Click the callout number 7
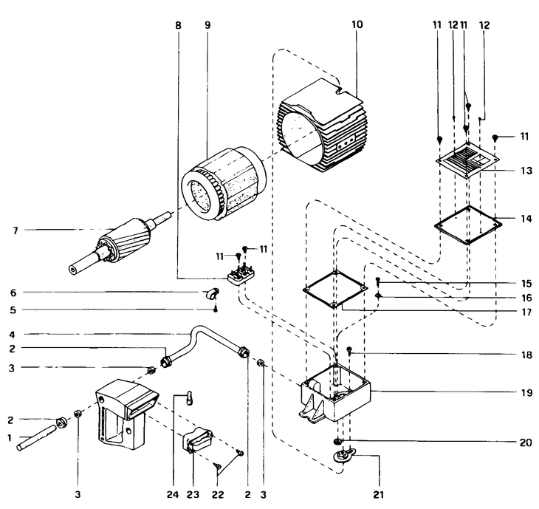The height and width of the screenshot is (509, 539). point(15,230)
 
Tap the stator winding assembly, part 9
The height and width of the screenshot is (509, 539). point(224,185)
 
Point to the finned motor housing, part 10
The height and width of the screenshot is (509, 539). point(323,126)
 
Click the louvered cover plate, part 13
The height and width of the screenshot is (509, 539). point(467,160)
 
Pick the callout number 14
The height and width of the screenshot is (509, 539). point(526,219)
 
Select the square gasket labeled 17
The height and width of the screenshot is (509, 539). point(335,290)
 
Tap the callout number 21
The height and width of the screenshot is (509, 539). point(378,494)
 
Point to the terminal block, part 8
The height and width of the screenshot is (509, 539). point(241,276)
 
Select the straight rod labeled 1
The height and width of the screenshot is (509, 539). point(36,437)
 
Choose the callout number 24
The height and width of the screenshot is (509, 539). point(173,494)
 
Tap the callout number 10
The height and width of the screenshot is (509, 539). point(357,24)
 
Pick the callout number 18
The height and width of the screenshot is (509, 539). point(526,355)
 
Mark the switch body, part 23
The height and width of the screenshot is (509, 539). point(197,440)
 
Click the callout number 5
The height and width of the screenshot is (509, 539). point(13,310)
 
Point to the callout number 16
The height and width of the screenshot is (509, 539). point(526,298)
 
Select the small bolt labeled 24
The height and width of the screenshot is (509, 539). point(190,398)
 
